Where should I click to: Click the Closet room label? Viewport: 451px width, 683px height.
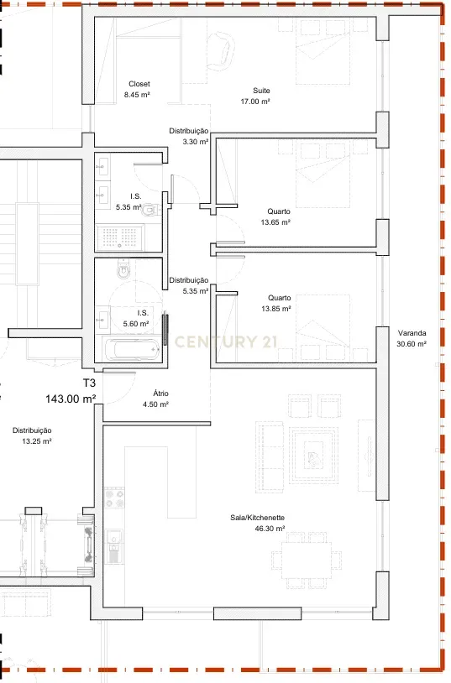pos(139,84)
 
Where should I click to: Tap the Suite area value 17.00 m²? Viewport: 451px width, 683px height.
pos(261,102)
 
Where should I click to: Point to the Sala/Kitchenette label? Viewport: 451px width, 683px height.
pos(258,519)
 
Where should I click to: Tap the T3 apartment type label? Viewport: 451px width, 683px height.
pos(89,383)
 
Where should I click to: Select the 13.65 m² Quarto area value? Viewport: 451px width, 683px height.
pos(275,222)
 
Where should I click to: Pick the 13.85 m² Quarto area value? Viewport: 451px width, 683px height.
pos(275,309)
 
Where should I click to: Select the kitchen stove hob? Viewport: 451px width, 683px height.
pos(114,502)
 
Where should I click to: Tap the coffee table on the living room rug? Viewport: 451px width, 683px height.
pos(313,457)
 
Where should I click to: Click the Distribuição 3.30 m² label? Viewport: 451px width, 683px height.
pos(189,137)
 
